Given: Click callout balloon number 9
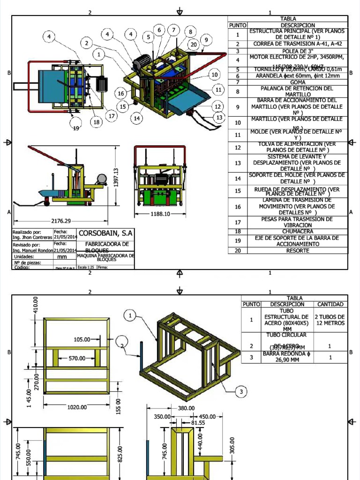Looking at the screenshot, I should click(205, 40).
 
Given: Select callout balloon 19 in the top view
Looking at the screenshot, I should click(76, 128).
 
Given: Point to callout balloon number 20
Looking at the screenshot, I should click(194, 45).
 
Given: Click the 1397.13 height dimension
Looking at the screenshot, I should click(116, 178).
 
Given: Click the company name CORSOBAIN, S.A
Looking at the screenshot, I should click(106, 233).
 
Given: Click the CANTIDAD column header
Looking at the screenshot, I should click(330, 304).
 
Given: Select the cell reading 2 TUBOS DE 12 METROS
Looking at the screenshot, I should click(330, 320).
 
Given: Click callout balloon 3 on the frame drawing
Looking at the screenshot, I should click(240, 391).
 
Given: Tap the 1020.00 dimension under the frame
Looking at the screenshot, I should click(77, 407).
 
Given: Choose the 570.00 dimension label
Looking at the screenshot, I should click(77, 358).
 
